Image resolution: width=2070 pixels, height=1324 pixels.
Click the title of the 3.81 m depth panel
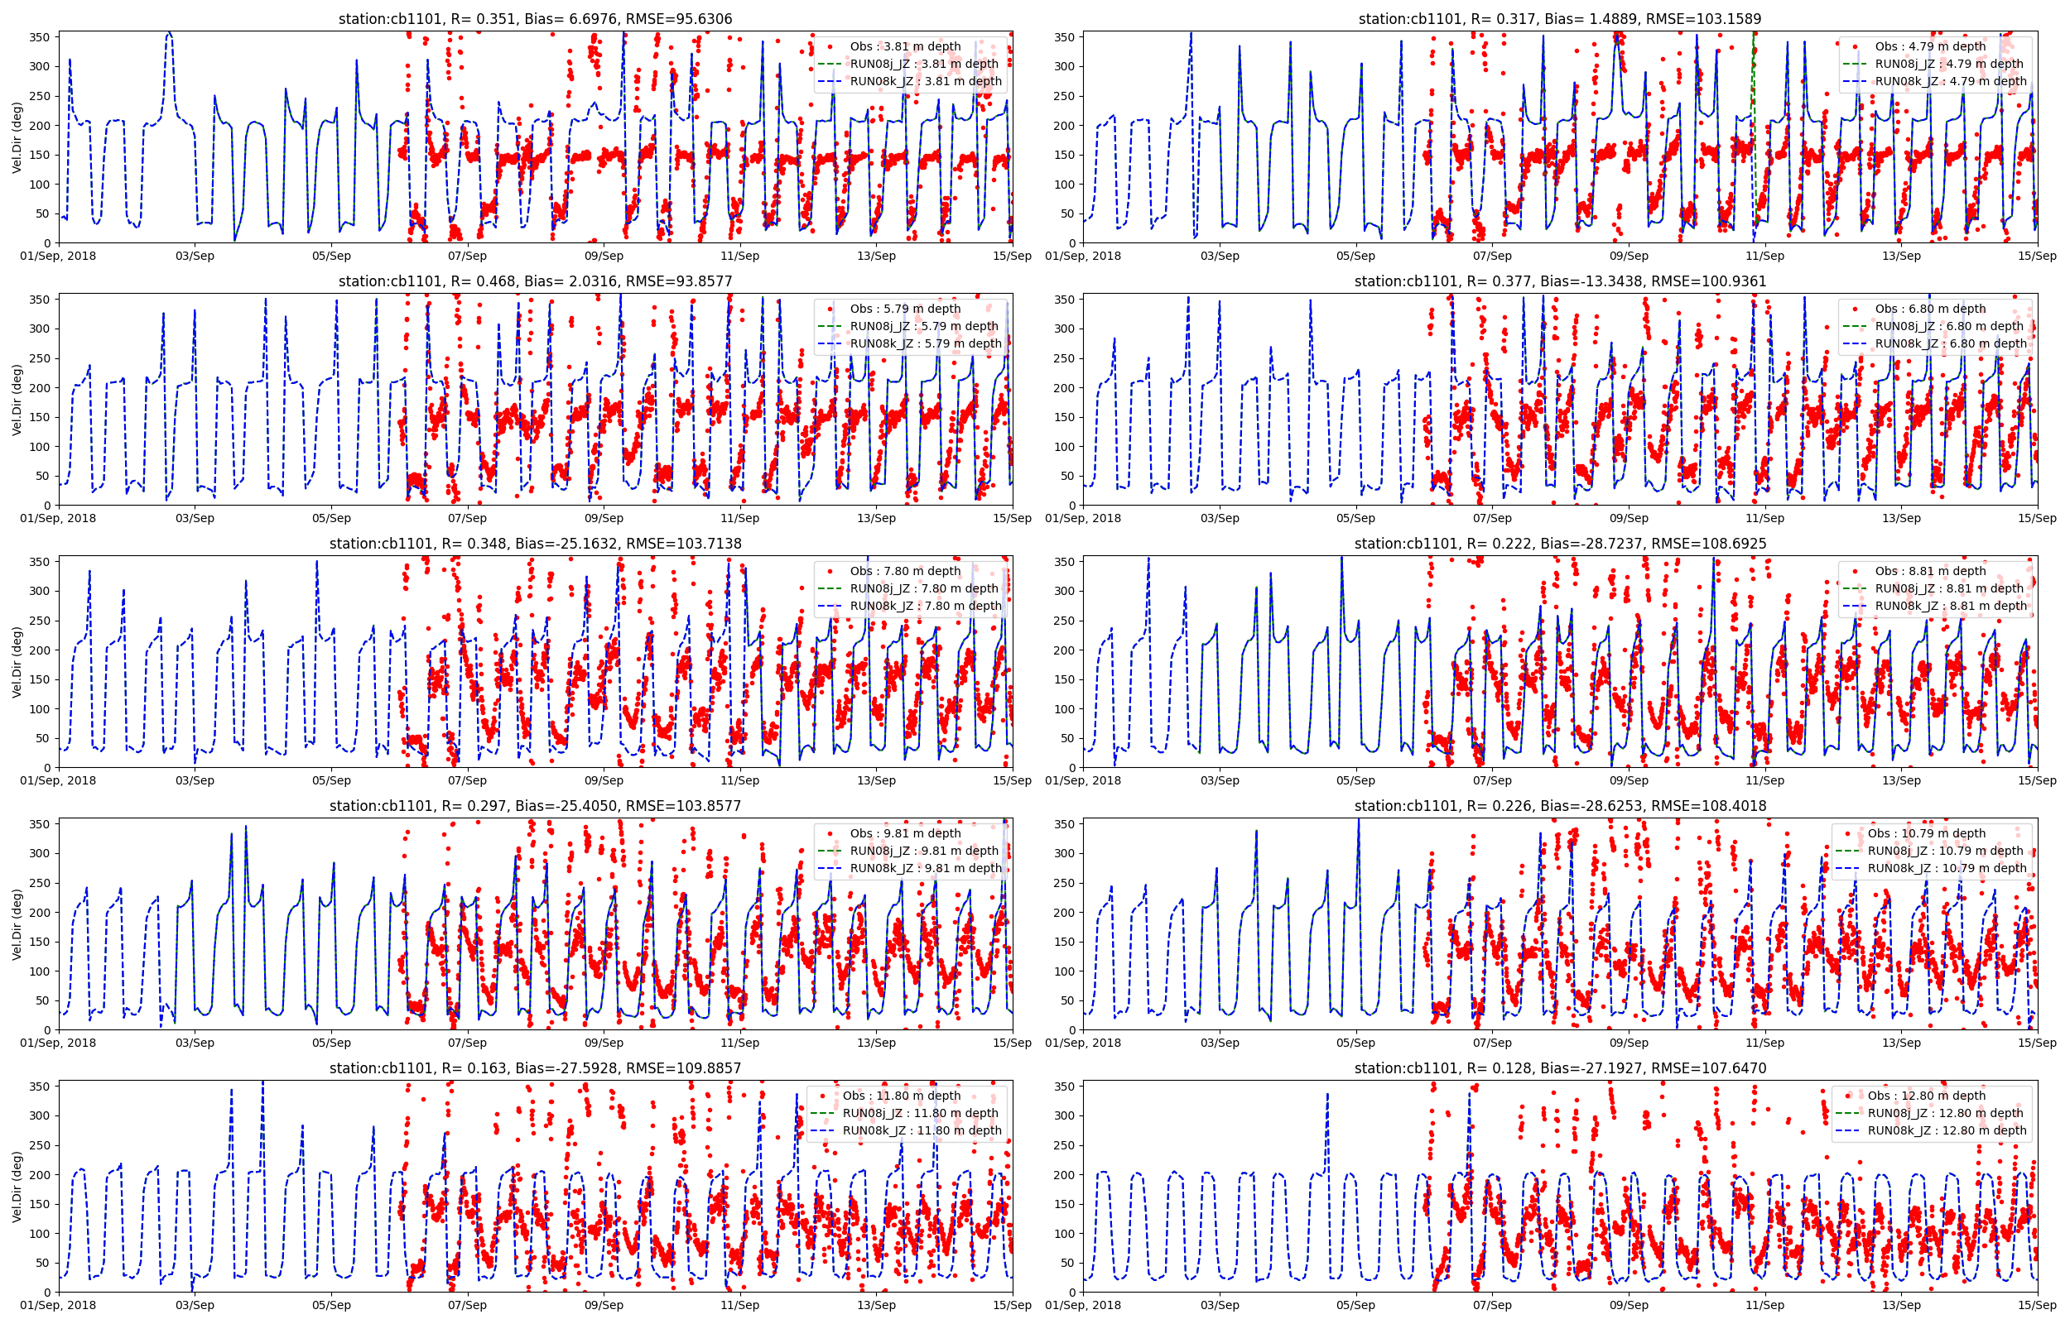(x=535, y=19)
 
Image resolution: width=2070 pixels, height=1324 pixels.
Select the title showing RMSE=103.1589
(x=1559, y=19)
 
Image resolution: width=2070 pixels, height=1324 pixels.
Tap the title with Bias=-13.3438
(x=1559, y=281)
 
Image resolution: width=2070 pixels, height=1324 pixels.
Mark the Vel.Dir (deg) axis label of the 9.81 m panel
(x=17, y=924)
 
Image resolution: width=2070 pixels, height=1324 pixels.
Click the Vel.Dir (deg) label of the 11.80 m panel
(x=17, y=1187)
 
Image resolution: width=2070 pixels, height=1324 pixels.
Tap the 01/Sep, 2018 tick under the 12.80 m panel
(x=1084, y=1305)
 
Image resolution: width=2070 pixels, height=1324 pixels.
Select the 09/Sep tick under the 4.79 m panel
(x=1629, y=256)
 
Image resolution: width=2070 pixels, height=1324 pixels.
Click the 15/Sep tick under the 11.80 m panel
(x=1012, y=1305)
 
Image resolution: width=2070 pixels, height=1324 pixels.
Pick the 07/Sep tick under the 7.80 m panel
(x=467, y=780)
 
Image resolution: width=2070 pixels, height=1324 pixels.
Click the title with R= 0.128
(x=1559, y=1067)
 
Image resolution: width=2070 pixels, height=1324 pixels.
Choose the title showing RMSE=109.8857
(x=535, y=1067)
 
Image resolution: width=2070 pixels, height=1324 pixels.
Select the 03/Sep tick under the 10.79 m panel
(x=1220, y=1043)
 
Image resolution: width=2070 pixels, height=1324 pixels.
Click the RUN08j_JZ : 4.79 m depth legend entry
(x=1949, y=64)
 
